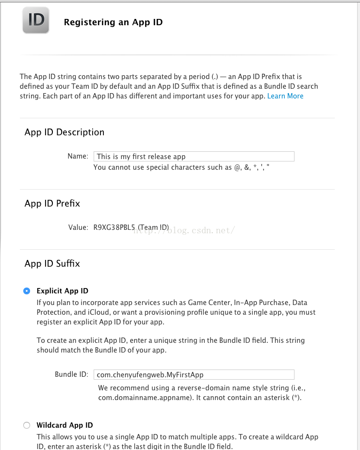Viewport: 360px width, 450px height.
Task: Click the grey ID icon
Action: coord(35,20)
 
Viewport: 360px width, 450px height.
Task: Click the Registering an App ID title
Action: coord(113,22)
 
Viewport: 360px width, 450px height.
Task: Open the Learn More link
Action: coord(285,96)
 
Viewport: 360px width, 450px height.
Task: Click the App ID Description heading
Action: coord(65,132)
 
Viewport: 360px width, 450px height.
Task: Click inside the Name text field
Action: coord(194,156)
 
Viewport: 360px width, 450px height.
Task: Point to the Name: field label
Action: coord(78,156)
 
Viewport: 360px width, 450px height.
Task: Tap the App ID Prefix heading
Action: coord(52,204)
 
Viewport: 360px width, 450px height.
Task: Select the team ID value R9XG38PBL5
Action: coord(115,227)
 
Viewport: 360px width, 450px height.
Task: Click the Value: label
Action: coord(78,227)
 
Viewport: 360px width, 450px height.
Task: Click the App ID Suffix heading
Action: coord(52,264)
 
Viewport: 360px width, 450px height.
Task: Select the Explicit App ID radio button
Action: coord(27,291)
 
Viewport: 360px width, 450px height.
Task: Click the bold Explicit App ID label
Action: coord(63,291)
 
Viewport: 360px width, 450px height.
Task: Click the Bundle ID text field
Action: coord(194,374)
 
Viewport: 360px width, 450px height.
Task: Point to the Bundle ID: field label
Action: coord(72,374)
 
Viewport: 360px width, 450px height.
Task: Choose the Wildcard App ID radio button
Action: coord(27,425)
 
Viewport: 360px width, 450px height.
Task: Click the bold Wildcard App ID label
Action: coord(65,425)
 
